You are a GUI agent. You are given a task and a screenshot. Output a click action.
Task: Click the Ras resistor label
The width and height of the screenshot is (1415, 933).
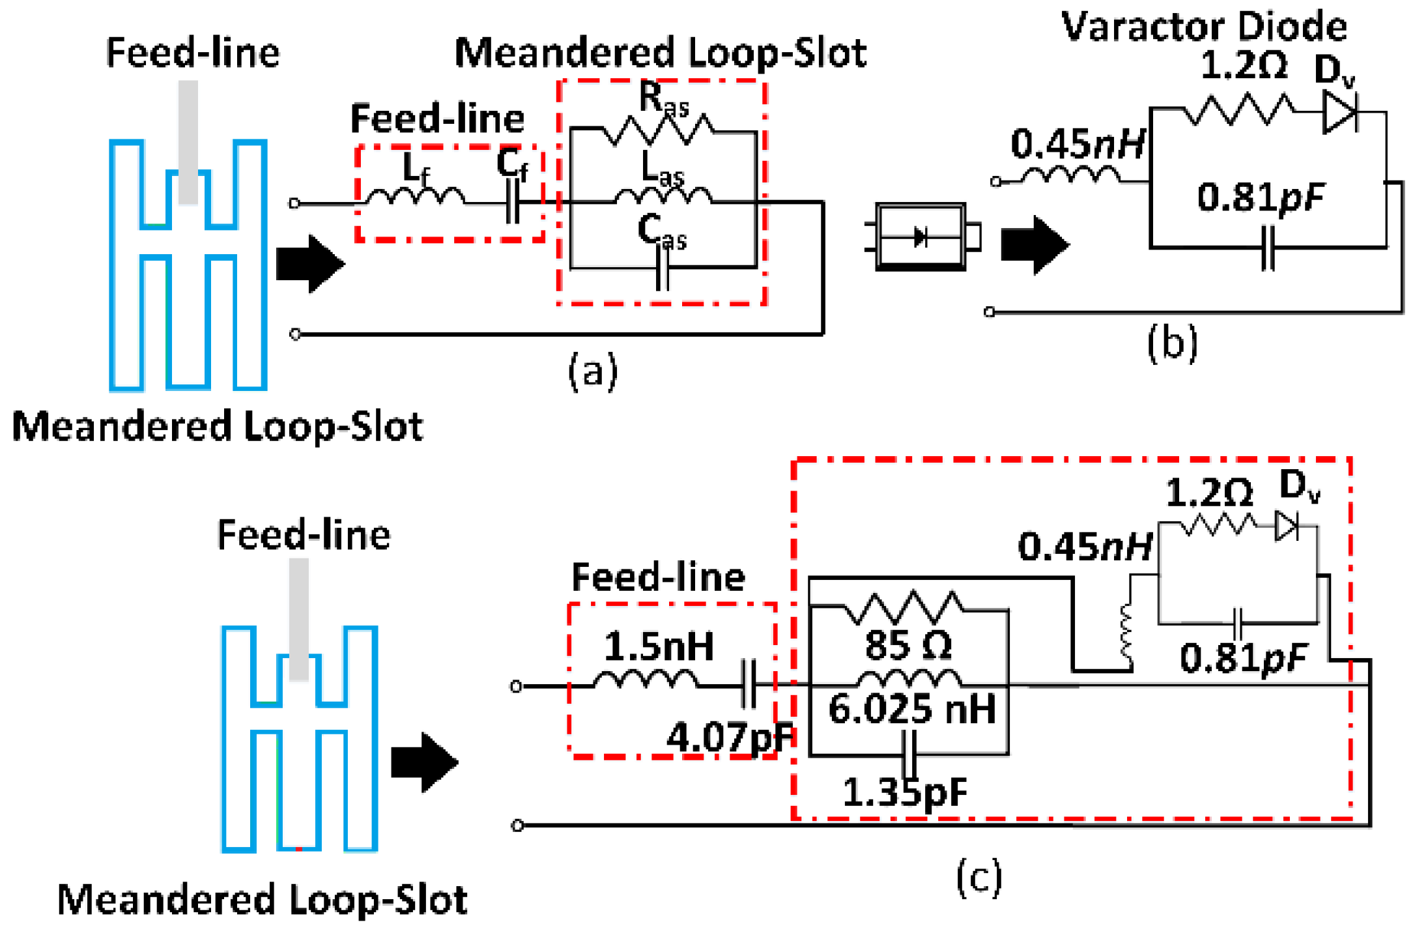point(663,101)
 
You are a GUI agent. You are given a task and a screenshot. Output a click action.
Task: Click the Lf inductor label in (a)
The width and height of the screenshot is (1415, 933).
point(416,169)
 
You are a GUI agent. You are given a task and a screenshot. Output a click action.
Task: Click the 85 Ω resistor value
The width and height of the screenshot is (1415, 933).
point(908,646)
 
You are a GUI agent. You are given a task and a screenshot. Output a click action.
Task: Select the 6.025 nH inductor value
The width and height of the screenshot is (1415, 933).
point(911,709)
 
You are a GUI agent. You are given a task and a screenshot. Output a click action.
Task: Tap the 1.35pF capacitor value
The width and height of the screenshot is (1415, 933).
point(905,792)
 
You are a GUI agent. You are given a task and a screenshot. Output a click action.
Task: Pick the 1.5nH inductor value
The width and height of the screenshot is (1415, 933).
point(659,646)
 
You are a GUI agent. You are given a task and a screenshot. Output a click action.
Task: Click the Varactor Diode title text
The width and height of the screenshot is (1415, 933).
point(1204,27)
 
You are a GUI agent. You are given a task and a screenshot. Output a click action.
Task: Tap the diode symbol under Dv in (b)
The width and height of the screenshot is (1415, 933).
point(1339,113)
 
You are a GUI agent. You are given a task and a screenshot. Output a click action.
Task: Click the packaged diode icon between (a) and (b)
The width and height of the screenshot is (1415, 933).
point(921,237)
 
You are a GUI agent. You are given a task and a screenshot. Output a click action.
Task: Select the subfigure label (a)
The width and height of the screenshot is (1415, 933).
point(592,371)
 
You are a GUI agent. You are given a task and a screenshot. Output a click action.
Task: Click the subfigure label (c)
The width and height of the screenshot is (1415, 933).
point(979,877)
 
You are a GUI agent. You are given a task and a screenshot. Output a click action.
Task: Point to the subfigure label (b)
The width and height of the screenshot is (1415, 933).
point(1172,343)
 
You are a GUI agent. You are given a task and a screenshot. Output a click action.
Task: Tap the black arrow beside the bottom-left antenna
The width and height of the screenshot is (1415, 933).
point(424,762)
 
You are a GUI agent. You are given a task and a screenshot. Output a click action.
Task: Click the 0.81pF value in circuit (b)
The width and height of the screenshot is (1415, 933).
point(1261,198)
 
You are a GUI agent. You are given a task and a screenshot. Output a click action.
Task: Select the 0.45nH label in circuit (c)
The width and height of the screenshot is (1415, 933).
point(1084,547)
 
